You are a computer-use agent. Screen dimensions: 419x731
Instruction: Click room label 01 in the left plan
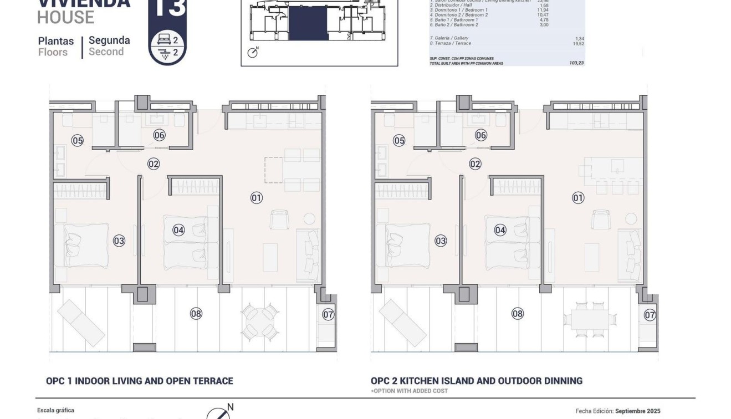(256, 198)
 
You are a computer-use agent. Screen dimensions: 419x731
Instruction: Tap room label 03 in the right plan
(441, 241)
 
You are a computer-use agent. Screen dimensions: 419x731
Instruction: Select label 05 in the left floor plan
(78, 141)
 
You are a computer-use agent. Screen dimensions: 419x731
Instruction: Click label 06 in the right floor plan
(481, 135)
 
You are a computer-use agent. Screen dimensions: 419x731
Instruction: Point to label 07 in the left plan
(328, 315)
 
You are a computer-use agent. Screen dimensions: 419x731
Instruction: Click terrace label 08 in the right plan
(518, 314)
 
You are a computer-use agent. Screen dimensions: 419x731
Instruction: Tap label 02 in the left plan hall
(154, 164)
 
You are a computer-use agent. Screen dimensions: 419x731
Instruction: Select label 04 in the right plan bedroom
(500, 230)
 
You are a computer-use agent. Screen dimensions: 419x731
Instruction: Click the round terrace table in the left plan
(260, 321)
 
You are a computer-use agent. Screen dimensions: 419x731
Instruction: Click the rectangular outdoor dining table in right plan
(590, 320)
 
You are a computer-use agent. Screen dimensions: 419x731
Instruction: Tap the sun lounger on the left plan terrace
(81, 323)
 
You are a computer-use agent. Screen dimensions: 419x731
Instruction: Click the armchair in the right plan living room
(601, 219)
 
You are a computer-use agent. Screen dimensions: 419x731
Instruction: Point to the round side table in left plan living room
(309, 218)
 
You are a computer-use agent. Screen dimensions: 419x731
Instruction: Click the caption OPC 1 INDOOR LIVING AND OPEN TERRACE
(140, 381)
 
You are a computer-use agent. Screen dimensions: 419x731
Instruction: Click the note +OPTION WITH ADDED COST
(402, 391)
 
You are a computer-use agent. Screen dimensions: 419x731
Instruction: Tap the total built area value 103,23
(576, 63)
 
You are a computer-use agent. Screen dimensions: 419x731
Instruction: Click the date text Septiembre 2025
(637, 411)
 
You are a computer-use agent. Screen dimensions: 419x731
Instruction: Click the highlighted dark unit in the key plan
(308, 23)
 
